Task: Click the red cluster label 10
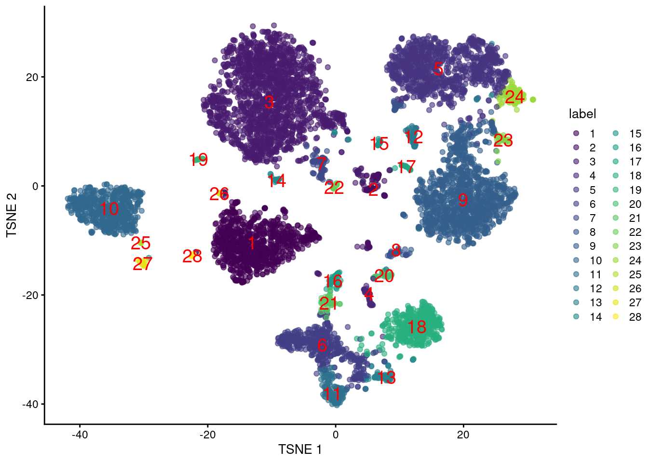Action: click(x=109, y=209)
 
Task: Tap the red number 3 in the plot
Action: click(x=269, y=102)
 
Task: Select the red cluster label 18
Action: click(x=417, y=327)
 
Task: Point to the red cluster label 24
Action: click(x=514, y=97)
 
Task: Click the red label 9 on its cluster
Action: click(x=462, y=200)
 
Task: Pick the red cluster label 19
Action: click(x=198, y=160)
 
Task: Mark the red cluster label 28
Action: click(x=192, y=256)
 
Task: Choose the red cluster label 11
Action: click(x=332, y=394)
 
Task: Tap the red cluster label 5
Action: click(x=438, y=69)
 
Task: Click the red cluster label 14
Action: click(x=276, y=181)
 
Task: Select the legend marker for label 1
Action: click(x=576, y=134)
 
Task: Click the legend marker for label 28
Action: click(x=616, y=317)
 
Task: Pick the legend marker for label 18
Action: click(x=616, y=176)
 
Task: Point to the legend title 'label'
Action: click(x=582, y=114)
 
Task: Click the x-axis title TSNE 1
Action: click(x=300, y=449)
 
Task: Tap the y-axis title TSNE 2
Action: click(x=12, y=215)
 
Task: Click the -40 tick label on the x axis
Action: click(x=80, y=435)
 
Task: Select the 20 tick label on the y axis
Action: click(x=32, y=77)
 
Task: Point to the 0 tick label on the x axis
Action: click(x=336, y=435)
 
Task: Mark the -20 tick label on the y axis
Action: click(x=30, y=295)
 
